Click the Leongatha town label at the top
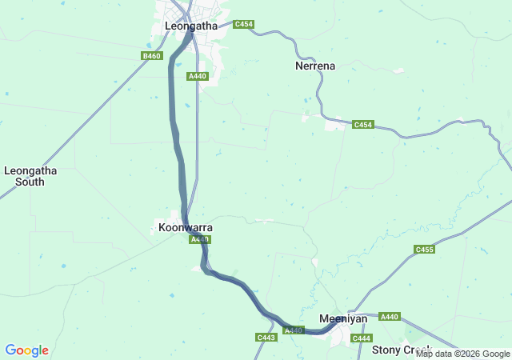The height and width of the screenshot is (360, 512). coord(190,26)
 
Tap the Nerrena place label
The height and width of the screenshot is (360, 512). coord(315,66)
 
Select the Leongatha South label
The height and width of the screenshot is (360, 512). coord(30,176)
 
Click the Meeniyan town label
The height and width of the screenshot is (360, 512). coord(343,318)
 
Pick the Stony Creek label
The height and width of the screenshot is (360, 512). coord(402,350)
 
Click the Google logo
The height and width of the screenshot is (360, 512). coord(26,350)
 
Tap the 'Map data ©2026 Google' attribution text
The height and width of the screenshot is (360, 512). coord(463,354)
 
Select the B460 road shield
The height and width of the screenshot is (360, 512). coord(151,55)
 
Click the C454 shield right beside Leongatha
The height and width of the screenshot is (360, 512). coord(244,25)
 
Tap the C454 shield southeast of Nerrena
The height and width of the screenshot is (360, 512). coord(363,125)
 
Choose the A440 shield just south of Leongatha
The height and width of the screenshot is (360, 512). coord(198,76)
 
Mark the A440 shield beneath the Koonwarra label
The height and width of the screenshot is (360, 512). coord(199,239)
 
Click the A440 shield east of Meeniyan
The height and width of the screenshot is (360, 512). coord(390,317)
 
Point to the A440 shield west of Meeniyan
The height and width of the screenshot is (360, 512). coord(294,330)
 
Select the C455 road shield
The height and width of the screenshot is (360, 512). coord(425,250)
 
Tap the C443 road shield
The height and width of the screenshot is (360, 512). coord(266,338)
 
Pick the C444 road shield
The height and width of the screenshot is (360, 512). coord(362,338)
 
